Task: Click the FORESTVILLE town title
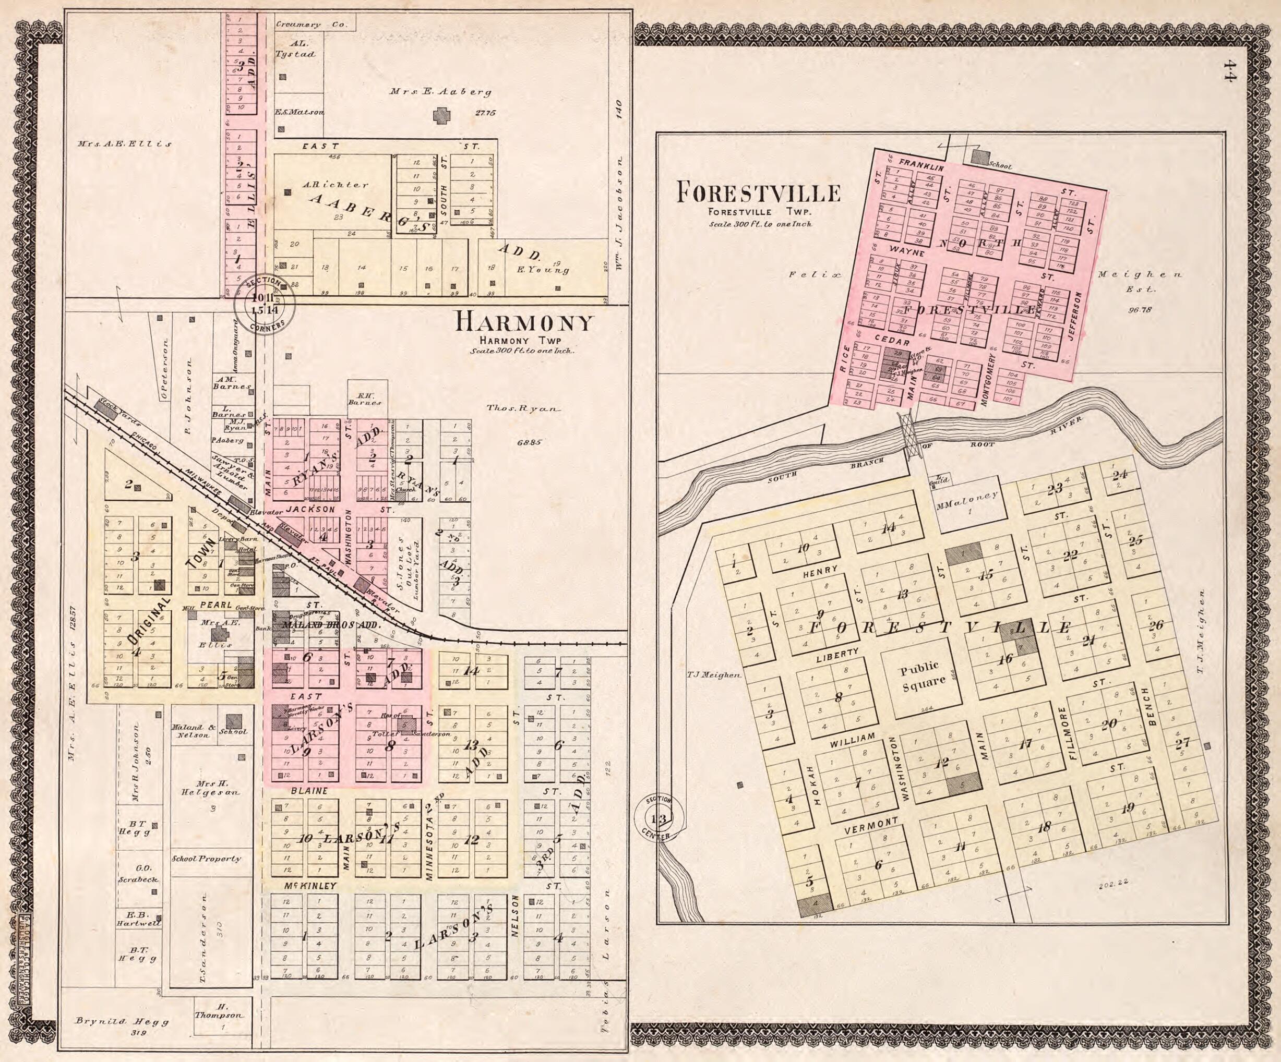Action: [x=758, y=194]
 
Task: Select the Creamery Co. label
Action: [x=311, y=25]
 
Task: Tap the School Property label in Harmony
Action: [x=206, y=859]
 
